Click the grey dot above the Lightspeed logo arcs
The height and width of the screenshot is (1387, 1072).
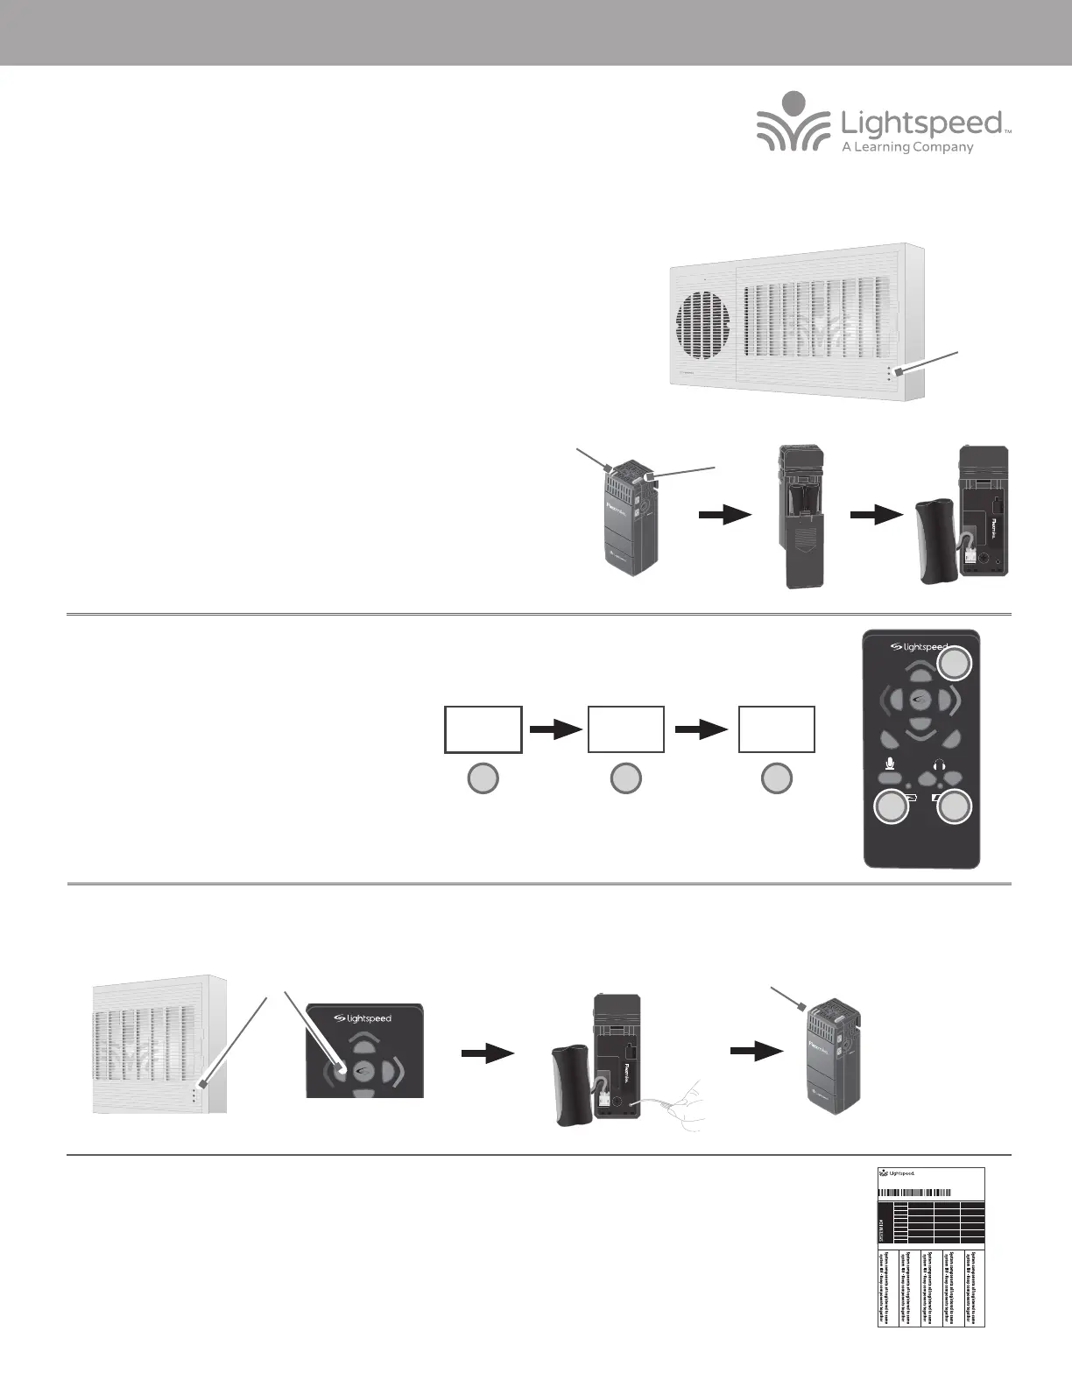(x=793, y=102)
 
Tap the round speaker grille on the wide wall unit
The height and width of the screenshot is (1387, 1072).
(x=705, y=324)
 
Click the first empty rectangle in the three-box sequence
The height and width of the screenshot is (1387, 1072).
(x=483, y=728)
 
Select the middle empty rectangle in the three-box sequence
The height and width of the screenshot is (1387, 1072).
(x=625, y=728)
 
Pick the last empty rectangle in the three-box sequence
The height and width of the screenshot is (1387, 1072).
(x=776, y=728)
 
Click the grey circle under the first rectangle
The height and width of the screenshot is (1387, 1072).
(x=483, y=778)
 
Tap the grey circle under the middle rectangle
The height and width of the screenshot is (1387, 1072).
(x=625, y=778)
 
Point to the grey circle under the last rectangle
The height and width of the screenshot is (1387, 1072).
(x=776, y=778)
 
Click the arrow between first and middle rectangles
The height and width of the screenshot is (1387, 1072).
(x=555, y=729)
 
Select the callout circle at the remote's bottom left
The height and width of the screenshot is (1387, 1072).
(x=892, y=807)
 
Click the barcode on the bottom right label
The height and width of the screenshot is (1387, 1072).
(x=914, y=1192)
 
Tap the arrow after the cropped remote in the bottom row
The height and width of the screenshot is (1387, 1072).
(x=487, y=1054)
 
